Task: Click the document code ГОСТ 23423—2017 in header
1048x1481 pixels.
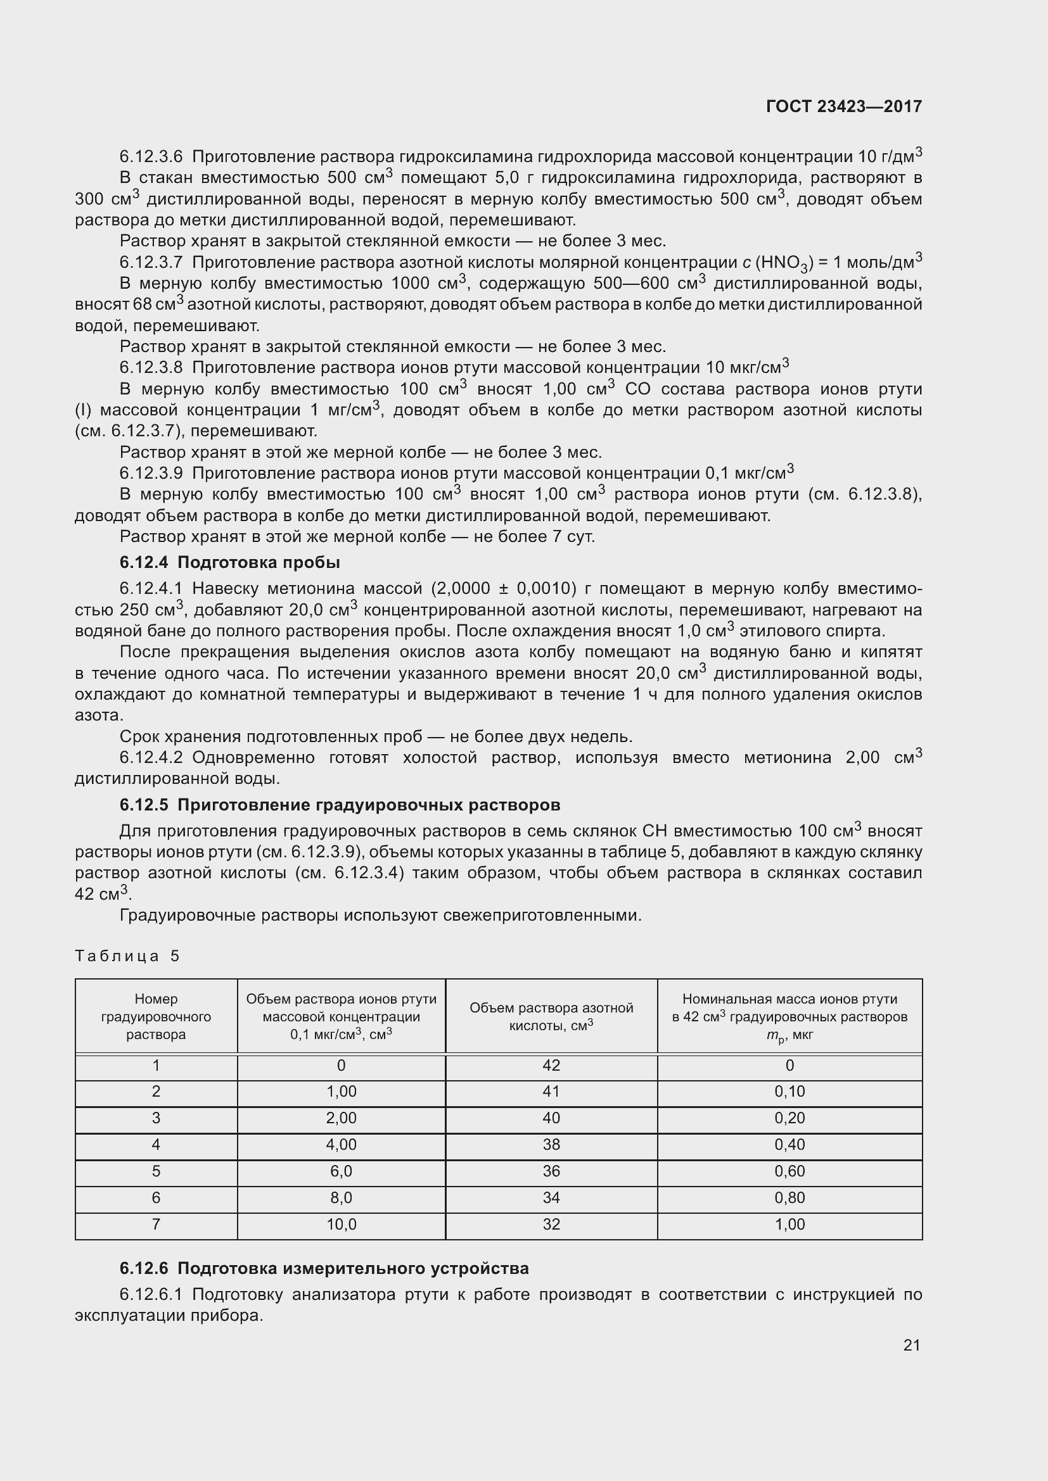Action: (843, 106)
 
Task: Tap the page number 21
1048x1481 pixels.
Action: (911, 1345)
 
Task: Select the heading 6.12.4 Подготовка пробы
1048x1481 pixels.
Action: (230, 562)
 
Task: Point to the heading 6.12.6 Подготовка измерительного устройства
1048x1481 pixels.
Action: (324, 1268)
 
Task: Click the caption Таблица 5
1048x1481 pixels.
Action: (127, 956)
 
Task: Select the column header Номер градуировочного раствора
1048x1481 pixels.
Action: (156, 1017)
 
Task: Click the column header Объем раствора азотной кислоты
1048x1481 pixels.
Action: (551, 1017)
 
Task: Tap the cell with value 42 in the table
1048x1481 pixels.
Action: (551, 1066)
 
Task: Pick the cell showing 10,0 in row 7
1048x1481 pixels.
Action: (342, 1225)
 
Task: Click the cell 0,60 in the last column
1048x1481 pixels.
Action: (789, 1171)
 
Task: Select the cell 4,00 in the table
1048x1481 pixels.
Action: (342, 1145)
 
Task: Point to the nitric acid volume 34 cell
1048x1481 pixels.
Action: (551, 1198)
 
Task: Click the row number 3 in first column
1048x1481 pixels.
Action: (156, 1118)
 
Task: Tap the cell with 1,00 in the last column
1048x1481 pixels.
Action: (789, 1225)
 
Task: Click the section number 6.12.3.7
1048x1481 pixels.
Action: (151, 263)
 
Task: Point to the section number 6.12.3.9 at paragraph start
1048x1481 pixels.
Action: (151, 474)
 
